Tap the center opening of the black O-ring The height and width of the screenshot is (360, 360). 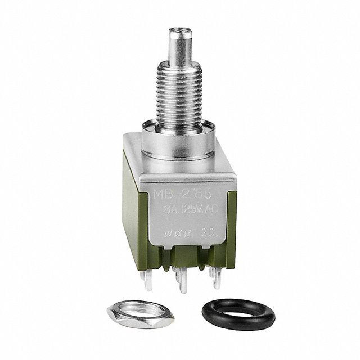238,312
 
